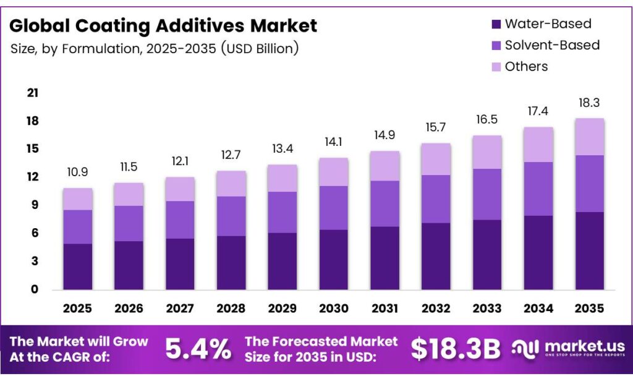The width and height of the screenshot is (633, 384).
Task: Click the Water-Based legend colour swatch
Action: [496, 25]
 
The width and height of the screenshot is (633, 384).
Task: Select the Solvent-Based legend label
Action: [552, 45]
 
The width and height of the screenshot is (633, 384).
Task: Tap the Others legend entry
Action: [526, 66]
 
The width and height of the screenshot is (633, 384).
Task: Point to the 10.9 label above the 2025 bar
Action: [77, 173]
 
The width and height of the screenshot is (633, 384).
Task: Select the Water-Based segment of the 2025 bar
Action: [77, 267]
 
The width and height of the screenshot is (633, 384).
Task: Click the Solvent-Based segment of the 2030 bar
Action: [333, 208]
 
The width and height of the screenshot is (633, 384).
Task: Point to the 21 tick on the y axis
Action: [33, 93]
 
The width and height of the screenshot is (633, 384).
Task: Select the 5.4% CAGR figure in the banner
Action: [198, 349]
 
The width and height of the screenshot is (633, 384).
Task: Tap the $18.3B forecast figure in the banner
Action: [456, 349]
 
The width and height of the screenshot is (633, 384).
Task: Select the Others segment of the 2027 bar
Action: [179, 189]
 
